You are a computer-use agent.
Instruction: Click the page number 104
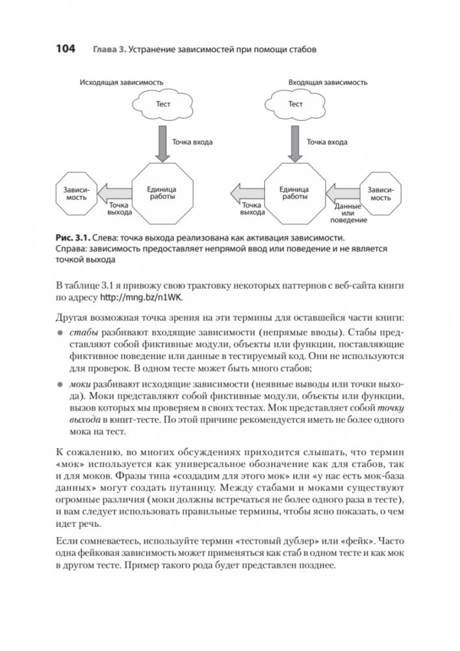tap(66, 49)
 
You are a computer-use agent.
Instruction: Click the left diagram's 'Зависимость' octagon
tap(76, 193)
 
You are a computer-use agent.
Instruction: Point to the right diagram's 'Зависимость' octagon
tap(380, 193)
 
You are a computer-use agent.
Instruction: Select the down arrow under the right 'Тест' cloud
tap(295, 142)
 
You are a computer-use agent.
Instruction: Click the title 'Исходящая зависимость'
tap(121, 83)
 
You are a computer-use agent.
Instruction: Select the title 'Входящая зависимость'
tap(327, 83)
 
